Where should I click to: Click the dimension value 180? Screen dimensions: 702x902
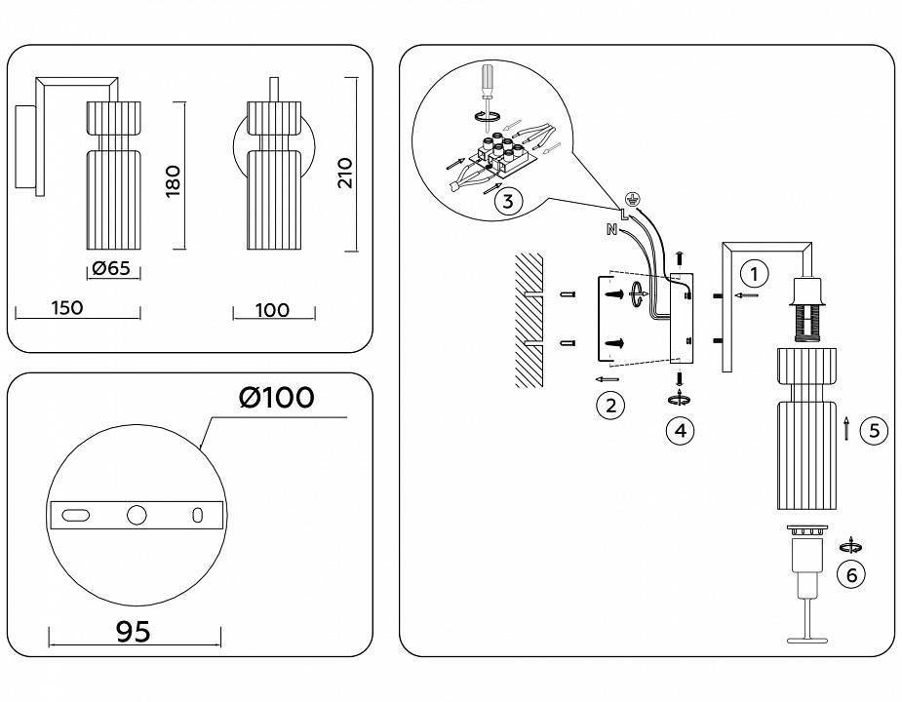point(175,180)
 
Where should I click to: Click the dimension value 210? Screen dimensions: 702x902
point(344,173)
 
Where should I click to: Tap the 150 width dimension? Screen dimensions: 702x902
point(65,308)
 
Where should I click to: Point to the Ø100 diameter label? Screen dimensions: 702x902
point(277,397)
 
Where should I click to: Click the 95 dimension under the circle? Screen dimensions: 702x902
point(134,632)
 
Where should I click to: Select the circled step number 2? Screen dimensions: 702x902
point(610,405)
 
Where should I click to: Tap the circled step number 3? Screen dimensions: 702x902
point(507,202)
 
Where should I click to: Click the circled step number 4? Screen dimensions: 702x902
point(680,429)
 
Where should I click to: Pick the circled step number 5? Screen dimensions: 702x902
point(875,430)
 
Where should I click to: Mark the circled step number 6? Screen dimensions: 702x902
point(851,575)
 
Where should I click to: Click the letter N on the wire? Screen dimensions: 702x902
point(611,230)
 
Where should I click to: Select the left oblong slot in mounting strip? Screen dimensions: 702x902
point(74,515)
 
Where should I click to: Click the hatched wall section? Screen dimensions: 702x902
point(528,322)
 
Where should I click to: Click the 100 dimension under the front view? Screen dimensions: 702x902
point(273,310)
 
